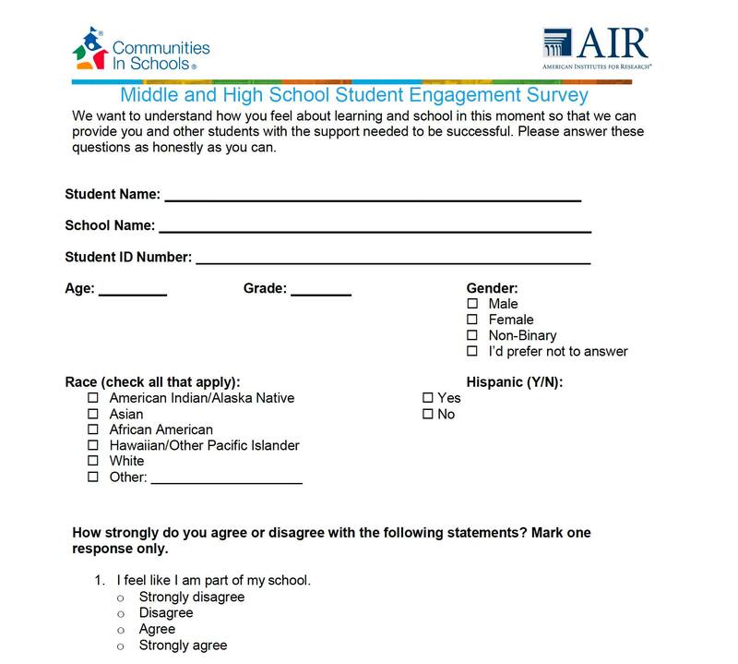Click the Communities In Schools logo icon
[x=90, y=49]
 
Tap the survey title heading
[x=354, y=95]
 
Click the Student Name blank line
[x=373, y=198]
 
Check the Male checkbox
[x=472, y=304]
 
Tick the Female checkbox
[x=472, y=320]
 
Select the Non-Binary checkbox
[x=472, y=335]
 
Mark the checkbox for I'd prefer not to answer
[x=472, y=351]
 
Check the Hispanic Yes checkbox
[x=428, y=398]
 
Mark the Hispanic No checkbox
[x=428, y=414]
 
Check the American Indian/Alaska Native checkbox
[x=93, y=398]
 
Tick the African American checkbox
[x=93, y=429]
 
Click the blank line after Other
[x=226, y=480]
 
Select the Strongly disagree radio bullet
[x=120, y=598]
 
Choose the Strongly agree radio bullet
[x=120, y=646]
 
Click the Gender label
[x=492, y=288]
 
